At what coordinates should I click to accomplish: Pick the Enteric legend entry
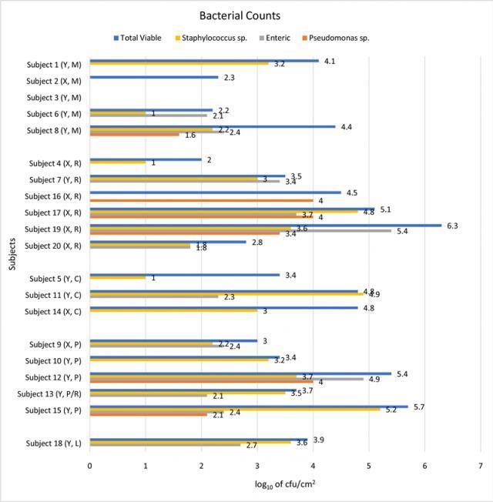(x=281, y=37)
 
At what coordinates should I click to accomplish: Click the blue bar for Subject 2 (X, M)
(x=154, y=78)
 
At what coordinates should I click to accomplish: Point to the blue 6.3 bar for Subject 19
(x=266, y=226)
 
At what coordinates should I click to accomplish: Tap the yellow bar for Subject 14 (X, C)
(x=173, y=310)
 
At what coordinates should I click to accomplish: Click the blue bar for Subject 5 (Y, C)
(x=185, y=274)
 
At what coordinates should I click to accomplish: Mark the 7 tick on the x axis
(x=480, y=466)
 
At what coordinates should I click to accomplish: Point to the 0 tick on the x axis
(x=90, y=466)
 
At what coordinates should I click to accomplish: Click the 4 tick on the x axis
(x=313, y=466)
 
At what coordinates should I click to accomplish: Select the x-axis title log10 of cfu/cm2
(x=284, y=484)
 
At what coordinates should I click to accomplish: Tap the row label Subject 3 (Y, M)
(x=55, y=98)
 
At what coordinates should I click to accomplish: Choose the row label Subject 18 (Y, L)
(x=55, y=443)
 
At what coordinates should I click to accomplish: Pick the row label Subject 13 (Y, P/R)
(x=53, y=394)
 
